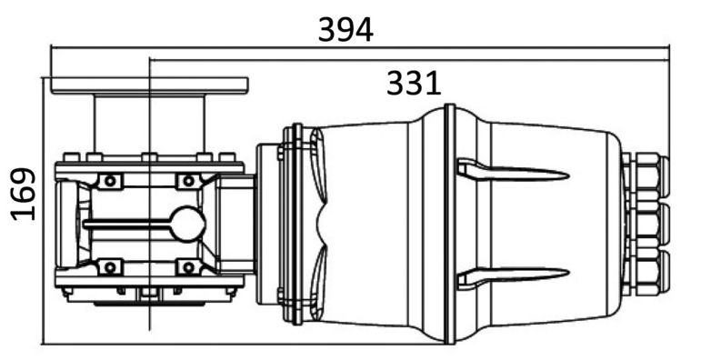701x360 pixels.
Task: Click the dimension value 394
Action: pyautogui.click(x=345, y=30)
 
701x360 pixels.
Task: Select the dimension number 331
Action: pyautogui.click(x=414, y=84)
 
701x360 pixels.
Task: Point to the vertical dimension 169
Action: pyautogui.click(x=24, y=194)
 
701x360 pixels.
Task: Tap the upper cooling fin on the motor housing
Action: pyautogui.click(x=513, y=169)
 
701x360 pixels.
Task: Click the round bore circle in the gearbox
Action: pyautogui.click(x=189, y=225)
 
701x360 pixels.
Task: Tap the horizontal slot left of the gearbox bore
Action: pyautogui.click(x=128, y=225)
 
